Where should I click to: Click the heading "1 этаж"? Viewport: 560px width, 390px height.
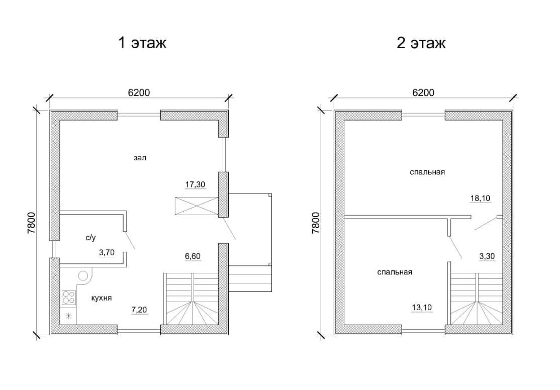coord(142,43)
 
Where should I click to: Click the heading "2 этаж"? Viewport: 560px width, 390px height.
coord(421,43)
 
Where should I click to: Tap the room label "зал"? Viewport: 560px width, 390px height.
coord(140,157)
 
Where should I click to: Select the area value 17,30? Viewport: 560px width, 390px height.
coord(195,184)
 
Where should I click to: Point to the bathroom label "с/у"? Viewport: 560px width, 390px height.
coord(90,238)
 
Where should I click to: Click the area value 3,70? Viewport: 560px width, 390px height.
coord(107,253)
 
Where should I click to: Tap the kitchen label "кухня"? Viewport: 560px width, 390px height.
coord(102,298)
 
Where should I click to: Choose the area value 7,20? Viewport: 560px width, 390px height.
coord(139,310)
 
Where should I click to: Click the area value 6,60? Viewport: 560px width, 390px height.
coord(193,256)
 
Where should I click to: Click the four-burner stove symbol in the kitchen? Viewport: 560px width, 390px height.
coord(69,297)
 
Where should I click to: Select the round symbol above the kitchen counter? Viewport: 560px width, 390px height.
coord(83,276)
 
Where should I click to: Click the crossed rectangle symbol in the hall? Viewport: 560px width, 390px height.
coord(196,206)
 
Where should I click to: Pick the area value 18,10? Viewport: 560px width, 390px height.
coord(481,198)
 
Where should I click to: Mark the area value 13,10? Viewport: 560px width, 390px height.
coord(422,307)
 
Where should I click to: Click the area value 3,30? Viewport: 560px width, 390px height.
coord(487,256)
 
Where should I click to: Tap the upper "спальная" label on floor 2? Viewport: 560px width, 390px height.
coord(427,172)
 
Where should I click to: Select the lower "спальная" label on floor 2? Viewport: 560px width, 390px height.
coord(394,272)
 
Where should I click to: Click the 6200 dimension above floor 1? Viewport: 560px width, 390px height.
coord(139,92)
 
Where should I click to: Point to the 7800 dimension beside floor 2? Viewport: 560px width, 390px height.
coord(316,223)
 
